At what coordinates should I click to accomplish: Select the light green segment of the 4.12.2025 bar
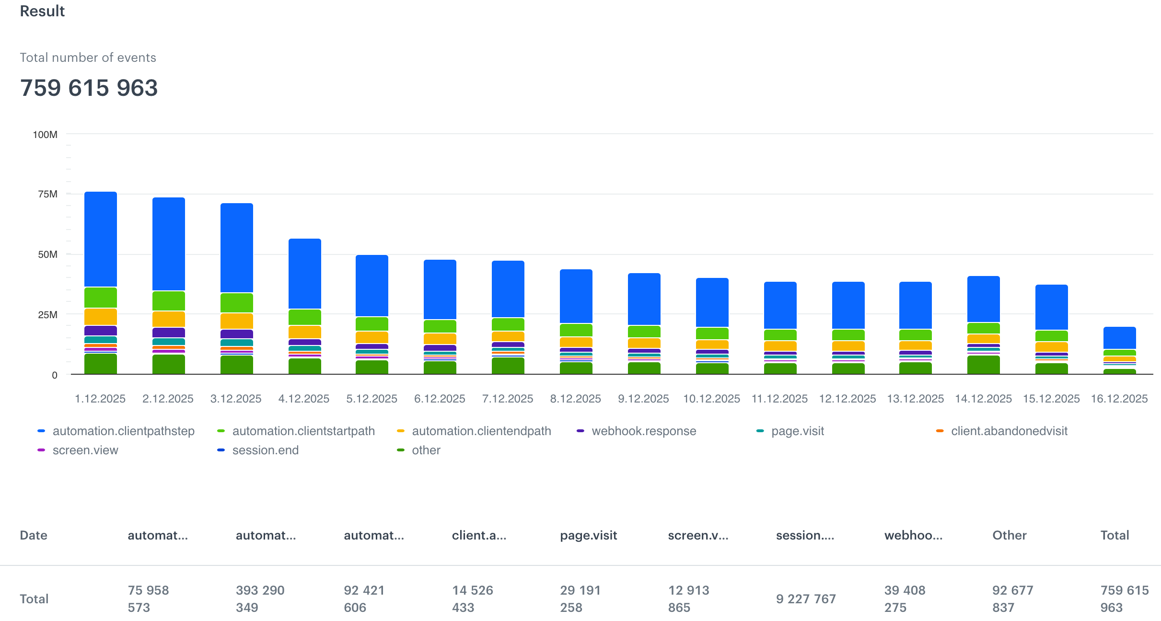305,317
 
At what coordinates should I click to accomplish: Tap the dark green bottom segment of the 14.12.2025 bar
984,365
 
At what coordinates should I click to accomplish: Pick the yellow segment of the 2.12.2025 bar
169,319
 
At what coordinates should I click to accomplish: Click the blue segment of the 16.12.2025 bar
1120,337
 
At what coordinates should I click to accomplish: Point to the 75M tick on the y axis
48,194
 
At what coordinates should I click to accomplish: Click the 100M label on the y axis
45,135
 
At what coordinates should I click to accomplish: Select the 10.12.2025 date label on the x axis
711,399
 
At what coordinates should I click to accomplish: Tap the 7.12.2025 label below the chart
508,399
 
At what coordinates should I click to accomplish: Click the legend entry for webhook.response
643,431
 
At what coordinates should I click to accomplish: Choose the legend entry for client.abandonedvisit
1009,431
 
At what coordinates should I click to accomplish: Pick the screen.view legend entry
85,450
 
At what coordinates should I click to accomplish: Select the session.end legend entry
265,450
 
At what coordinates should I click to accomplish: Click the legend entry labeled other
426,450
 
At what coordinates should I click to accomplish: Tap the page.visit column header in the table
588,535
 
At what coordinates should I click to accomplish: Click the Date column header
34,535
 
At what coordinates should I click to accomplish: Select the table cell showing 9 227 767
806,599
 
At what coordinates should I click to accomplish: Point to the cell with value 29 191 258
580,599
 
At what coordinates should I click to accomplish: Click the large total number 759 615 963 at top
89,88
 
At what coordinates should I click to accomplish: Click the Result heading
42,11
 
